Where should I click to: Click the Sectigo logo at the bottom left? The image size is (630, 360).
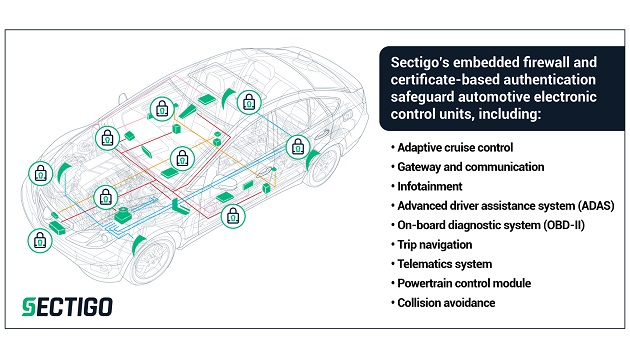[x=67, y=307]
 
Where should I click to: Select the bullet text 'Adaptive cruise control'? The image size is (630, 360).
[x=455, y=147]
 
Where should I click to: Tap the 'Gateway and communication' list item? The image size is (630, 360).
[x=470, y=167]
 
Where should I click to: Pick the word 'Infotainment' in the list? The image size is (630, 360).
[x=430, y=186]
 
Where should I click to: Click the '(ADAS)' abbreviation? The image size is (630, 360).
[x=596, y=206]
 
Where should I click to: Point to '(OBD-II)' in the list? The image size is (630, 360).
[x=564, y=225]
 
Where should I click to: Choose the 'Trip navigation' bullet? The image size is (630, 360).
[x=435, y=245]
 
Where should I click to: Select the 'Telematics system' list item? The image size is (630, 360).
[x=445, y=264]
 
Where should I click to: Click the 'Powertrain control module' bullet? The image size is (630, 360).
[x=464, y=283]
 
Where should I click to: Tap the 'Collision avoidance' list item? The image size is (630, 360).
[x=446, y=303]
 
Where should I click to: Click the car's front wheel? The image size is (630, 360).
[x=150, y=258]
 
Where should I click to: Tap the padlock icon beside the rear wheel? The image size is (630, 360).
[x=298, y=147]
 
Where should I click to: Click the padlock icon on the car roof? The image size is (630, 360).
[x=249, y=102]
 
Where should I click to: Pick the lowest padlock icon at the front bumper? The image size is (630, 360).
[x=40, y=241]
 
